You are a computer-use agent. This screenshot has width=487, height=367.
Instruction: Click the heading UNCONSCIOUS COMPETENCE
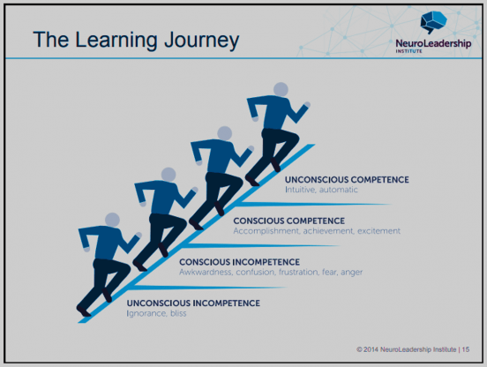pos(347,179)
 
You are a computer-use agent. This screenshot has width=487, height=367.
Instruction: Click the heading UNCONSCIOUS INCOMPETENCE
pos(193,303)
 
